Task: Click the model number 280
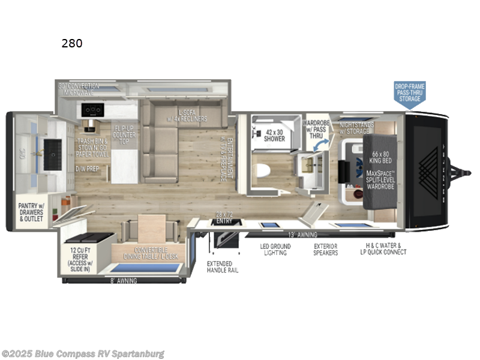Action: (x=71, y=43)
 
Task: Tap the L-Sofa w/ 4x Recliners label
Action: (x=192, y=116)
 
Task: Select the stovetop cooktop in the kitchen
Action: (x=94, y=110)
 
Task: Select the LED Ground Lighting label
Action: (x=275, y=250)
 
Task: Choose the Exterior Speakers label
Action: (x=326, y=250)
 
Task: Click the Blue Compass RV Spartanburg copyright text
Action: (x=83, y=354)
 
